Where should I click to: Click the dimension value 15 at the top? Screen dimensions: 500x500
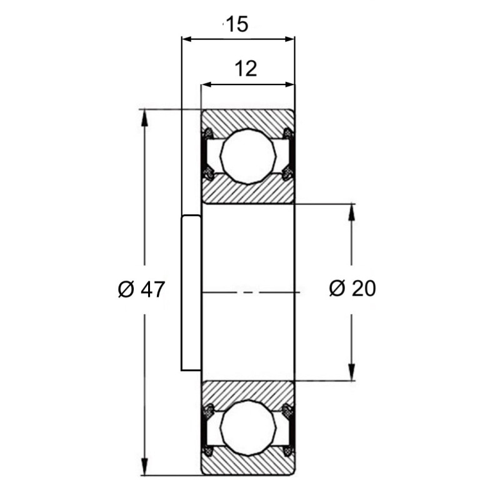click(237, 24)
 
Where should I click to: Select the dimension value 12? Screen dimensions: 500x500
click(246, 69)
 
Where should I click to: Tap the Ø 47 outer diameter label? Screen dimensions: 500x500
click(141, 289)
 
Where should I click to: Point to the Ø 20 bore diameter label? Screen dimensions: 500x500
click(352, 288)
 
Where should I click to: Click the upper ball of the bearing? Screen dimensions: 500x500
click(248, 157)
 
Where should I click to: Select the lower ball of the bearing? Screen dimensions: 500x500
click(248, 427)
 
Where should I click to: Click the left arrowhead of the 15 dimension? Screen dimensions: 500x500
click(187, 39)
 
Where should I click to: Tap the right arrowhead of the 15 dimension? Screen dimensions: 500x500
click(289, 39)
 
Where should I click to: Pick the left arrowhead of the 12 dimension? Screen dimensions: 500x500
click(207, 84)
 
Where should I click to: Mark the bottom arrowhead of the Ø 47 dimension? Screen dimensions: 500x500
click(144, 467)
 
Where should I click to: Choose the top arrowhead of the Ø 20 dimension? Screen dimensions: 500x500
click(351, 211)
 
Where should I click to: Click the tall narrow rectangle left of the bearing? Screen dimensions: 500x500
click(191, 293)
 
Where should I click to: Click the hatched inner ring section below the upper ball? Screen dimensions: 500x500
click(247, 191)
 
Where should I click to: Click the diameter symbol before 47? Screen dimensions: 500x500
click(126, 289)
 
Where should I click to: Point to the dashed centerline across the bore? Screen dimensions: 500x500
click(251, 292)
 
